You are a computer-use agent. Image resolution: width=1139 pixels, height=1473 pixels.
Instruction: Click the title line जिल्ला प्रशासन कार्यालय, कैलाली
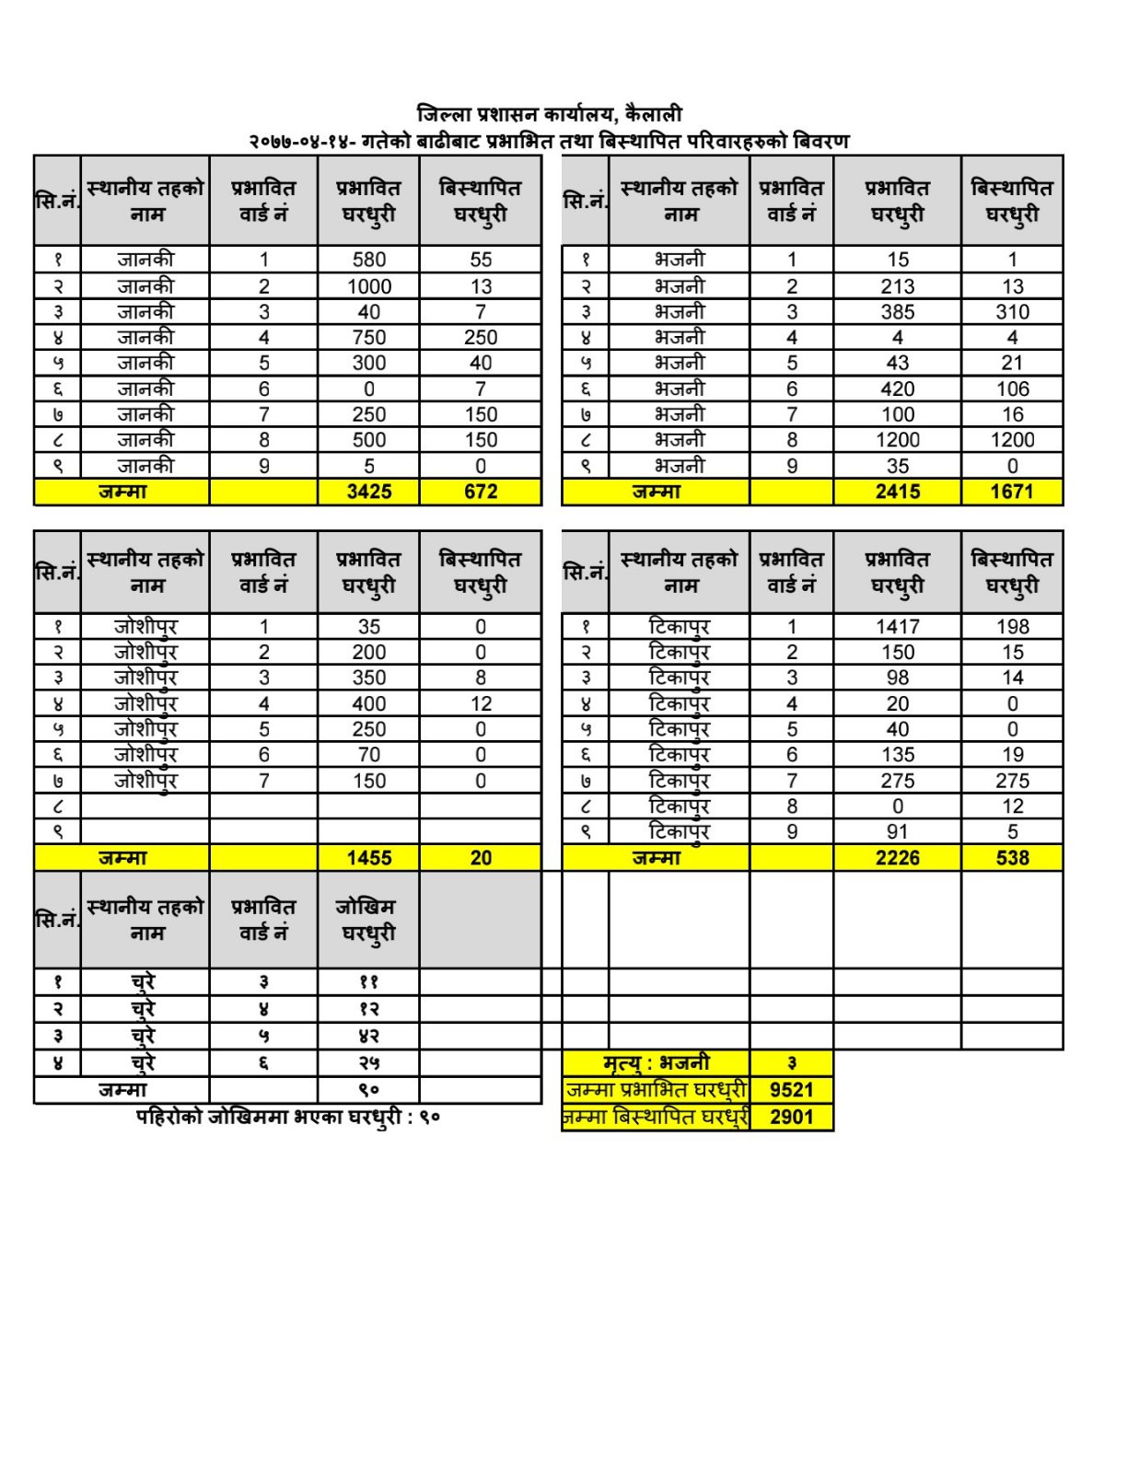(549, 115)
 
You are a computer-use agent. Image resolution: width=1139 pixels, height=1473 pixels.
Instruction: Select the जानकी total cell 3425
(368, 492)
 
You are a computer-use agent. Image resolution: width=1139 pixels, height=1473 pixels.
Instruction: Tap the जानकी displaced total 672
(480, 492)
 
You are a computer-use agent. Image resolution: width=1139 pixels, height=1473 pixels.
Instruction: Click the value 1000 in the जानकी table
(368, 286)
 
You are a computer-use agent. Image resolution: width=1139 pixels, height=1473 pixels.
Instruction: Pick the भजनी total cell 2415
(897, 492)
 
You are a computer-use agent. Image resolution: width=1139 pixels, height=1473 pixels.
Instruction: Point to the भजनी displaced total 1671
(1011, 492)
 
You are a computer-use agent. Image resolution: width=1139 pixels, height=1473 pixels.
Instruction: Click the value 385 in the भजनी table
(897, 312)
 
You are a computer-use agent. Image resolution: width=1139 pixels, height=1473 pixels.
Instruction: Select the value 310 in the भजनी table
(1011, 312)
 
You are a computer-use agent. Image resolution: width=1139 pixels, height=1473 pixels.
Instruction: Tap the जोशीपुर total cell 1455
(368, 858)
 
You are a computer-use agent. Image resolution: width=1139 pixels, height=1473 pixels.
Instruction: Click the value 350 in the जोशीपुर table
(368, 678)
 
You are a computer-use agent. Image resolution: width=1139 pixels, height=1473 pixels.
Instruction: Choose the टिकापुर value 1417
(897, 627)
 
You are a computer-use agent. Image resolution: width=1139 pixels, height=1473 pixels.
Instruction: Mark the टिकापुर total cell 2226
(897, 858)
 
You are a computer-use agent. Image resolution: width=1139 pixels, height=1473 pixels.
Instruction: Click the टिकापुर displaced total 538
(1011, 858)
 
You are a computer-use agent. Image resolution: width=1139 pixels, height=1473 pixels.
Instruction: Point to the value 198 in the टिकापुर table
(1011, 627)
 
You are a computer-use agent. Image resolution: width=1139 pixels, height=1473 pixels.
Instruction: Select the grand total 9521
(791, 1090)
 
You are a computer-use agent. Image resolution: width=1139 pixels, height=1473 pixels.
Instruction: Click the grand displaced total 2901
(791, 1117)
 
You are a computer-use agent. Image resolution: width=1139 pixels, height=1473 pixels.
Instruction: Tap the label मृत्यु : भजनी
(656, 1063)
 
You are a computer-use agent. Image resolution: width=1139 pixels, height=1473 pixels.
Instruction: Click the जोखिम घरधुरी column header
(368, 920)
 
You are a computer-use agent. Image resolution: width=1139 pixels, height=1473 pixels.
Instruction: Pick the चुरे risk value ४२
(368, 1037)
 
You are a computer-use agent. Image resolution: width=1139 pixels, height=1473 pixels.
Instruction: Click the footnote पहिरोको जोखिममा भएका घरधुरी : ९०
(288, 1118)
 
